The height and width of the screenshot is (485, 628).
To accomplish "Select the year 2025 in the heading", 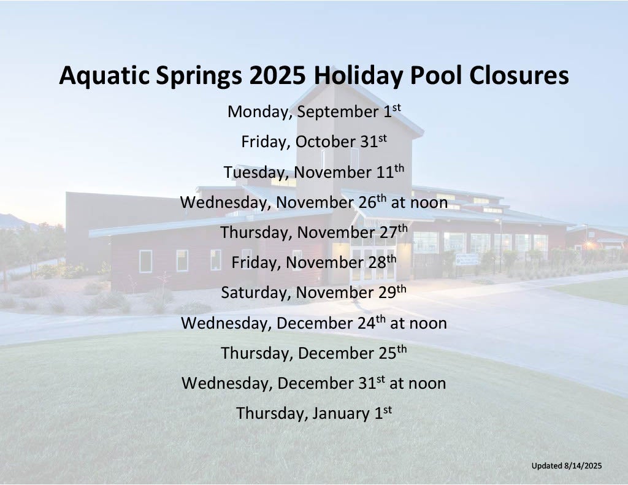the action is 278,75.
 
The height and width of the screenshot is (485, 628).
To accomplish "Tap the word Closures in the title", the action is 519,75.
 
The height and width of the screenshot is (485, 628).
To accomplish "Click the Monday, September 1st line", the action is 314,111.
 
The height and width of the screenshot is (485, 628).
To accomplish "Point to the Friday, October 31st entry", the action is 314,141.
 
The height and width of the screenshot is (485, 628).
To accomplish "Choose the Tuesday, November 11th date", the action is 314,172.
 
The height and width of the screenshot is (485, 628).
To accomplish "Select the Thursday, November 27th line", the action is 314,232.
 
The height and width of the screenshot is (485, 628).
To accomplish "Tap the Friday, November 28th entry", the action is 314,262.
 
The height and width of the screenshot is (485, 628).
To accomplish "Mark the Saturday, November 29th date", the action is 314,292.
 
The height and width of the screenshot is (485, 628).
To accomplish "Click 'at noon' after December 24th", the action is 418,323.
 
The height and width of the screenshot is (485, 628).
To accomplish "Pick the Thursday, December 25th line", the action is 314,353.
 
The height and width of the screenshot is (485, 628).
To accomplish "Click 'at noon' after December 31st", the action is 418,383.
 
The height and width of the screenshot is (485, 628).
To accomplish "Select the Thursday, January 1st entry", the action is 314,413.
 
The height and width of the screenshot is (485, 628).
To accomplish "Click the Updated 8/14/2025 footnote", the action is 567,466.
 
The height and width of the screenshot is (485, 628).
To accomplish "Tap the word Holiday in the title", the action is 358,75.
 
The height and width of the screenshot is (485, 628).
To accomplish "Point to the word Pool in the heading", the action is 436,75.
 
